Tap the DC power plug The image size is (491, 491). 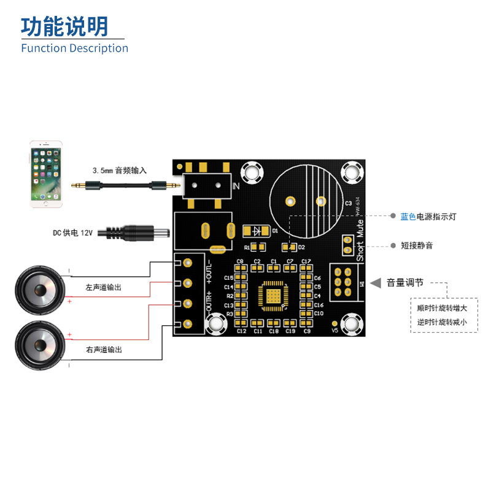click(137, 233)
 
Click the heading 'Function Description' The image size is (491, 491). click(74, 48)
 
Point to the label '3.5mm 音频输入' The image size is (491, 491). click(120, 170)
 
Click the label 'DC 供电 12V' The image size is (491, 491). click(72, 233)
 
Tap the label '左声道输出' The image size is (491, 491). click(104, 287)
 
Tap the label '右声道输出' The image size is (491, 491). click(104, 349)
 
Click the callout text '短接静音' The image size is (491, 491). click(417, 245)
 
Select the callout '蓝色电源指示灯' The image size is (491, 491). click(428, 217)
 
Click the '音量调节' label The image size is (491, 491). click(404, 283)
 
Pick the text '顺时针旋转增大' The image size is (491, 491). click(442, 308)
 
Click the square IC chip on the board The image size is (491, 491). click(273, 295)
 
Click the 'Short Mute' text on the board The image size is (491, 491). click(360, 239)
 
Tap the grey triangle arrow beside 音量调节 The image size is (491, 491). click(375, 283)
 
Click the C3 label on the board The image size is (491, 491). click(348, 203)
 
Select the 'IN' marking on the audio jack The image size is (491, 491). click(236, 186)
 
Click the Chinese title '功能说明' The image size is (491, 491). click(64, 26)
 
